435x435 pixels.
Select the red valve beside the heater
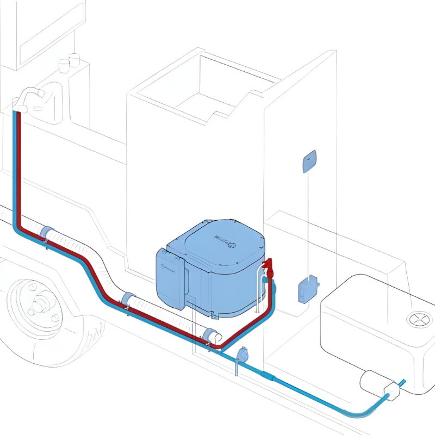tap(268, 267)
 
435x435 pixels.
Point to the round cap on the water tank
tap(419, 320)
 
